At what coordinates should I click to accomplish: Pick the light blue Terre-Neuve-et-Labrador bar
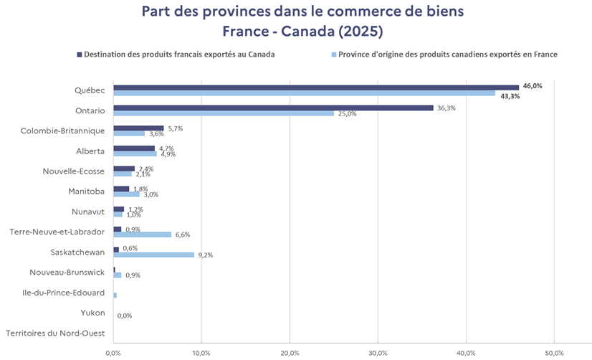click(142, 235)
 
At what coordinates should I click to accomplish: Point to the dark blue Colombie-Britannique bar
click(138, 128)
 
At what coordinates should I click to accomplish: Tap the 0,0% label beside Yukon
click(124, 316)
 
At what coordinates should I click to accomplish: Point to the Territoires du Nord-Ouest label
click(55, 333)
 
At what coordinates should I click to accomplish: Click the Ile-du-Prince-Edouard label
click(64, 293)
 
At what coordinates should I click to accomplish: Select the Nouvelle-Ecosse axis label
click(75, 171)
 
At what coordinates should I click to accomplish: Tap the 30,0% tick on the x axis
click(378, 353)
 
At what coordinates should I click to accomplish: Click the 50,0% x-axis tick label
click(554, 353)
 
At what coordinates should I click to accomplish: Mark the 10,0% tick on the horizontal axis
click(201, 353)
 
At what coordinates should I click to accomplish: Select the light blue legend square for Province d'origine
click(333, 54)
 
